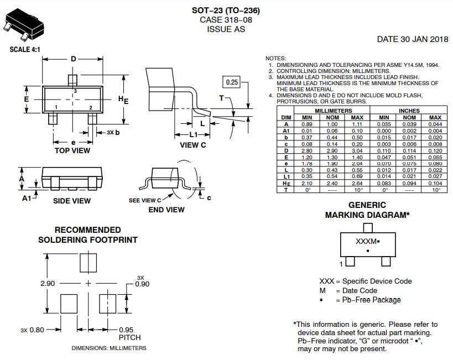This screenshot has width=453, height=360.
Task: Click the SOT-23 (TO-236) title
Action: click(x=226, y=11)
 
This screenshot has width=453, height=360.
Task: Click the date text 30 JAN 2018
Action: click(x=413, y=39)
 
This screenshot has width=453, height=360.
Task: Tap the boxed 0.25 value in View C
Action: click(x=232, y=82)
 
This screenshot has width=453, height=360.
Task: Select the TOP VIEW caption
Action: click(x=72, y=150)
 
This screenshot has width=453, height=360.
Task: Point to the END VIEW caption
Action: click(x=166, y=210)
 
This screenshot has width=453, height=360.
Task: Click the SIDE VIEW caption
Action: click(x=72, y=201)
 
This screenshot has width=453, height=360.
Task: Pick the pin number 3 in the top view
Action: click(x=75, y=90)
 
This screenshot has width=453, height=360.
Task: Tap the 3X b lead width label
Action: click(x=112, y=133)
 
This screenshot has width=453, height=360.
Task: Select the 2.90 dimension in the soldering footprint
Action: click(x=48, y=283)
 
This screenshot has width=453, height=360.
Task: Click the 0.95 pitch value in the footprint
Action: click(x=127, y=330)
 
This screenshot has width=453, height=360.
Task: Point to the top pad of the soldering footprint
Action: click(x=88, y=262)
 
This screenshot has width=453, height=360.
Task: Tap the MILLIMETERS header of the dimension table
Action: click(x=332, y=111)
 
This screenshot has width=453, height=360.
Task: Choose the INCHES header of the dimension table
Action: click(x=409, y=111)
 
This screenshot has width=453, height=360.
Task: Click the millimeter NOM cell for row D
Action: click(x=332, y=150)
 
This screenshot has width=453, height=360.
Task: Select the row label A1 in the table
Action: click(x=286, y=131)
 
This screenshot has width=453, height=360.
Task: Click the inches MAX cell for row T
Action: click(x=436, y=190)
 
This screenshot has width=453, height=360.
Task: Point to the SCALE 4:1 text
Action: click(x=25, y=49)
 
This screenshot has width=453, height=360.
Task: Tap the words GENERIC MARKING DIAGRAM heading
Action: click(x=367, y=210)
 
